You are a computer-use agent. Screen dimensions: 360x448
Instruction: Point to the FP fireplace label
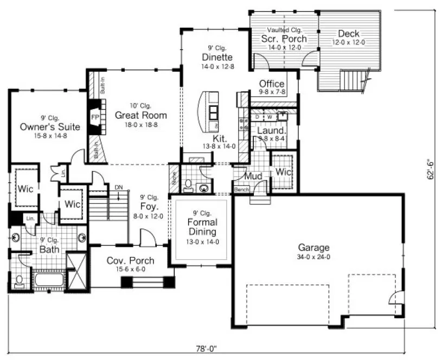(x=94, y=117)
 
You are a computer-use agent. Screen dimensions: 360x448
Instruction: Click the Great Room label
(x=140, y=115)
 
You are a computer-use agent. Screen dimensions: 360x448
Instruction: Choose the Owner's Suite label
(x=50, y=127)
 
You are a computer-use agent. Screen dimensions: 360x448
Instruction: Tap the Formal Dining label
(x=202, y=227)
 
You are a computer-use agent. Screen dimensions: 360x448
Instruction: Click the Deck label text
(x=348, y=34)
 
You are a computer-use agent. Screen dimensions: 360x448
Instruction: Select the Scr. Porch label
(x=284, y=38)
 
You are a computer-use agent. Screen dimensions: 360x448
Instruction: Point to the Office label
(x=272, y=83)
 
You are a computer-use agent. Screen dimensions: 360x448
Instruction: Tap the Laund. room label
(x=271, y=131)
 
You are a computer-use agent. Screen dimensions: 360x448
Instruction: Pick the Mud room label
(x=253, y=176)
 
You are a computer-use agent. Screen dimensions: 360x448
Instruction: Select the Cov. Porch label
(x=130, y=260)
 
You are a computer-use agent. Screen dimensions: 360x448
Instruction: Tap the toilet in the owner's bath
(x=19, y=280)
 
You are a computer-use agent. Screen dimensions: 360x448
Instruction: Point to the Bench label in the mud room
(x=242, y=190)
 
